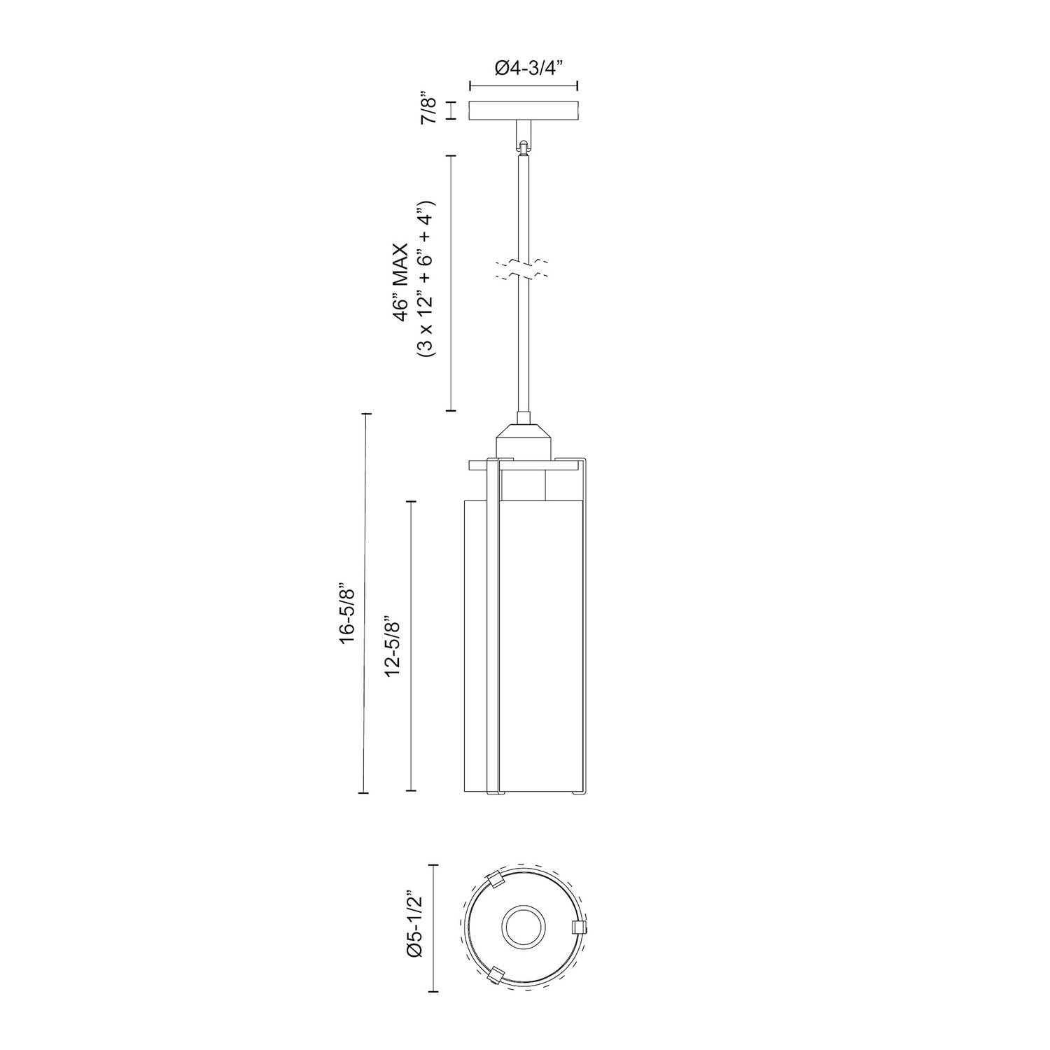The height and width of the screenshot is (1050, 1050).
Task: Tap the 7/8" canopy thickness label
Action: [x=428, y=111]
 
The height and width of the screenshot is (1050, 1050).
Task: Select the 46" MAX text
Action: [x=400, y=281]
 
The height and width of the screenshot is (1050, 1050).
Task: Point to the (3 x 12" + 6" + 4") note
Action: [x=426, y=279]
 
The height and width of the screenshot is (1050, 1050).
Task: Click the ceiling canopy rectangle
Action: [x=523, y=111]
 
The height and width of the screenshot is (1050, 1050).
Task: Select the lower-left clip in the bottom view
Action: [x=495, y=976]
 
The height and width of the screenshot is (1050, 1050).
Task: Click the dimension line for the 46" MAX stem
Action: [x=451, y=283]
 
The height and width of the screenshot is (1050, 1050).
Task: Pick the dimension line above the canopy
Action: [x=523, y=86]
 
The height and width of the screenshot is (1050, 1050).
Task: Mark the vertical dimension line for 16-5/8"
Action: [x=364, y=603]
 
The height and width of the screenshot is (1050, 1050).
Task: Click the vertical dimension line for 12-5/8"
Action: [x=411, y=645]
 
